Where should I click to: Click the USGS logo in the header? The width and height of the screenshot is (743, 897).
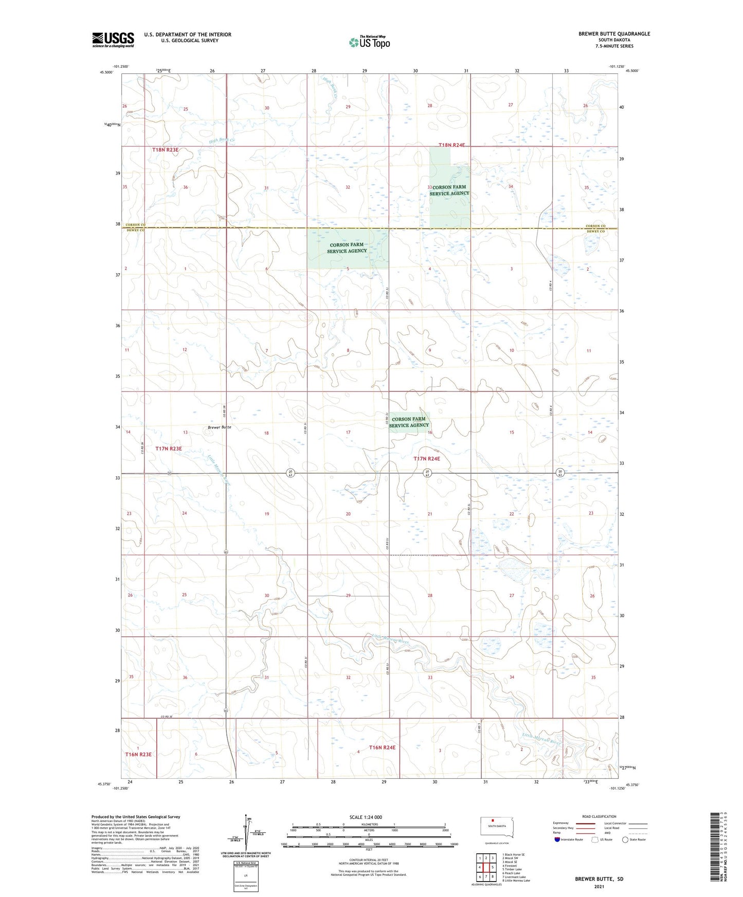point(113,39)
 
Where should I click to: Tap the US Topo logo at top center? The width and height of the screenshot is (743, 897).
point(369,42)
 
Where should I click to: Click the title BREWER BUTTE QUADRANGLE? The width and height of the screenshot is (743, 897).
point(614,34)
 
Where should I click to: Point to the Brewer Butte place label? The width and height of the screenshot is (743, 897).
point(220,427)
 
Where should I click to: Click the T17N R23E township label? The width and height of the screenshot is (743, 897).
point(169,448)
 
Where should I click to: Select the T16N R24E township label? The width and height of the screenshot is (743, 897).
point(382,747)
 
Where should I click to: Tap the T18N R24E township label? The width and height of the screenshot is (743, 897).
point(451,145)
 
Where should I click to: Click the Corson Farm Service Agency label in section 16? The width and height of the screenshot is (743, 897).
point(409,422)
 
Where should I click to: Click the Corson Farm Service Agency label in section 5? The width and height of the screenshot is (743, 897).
point(347,248)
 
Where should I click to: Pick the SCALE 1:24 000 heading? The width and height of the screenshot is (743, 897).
point(366,817)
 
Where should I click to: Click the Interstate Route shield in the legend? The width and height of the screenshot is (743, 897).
point(557,839)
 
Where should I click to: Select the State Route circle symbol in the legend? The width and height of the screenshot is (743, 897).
point(625,839)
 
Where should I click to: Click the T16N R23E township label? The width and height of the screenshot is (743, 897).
point(138,754)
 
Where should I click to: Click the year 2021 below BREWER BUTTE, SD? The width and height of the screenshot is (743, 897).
point(599,886)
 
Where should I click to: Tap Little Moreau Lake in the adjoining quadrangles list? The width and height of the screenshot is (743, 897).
point(516,881)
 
